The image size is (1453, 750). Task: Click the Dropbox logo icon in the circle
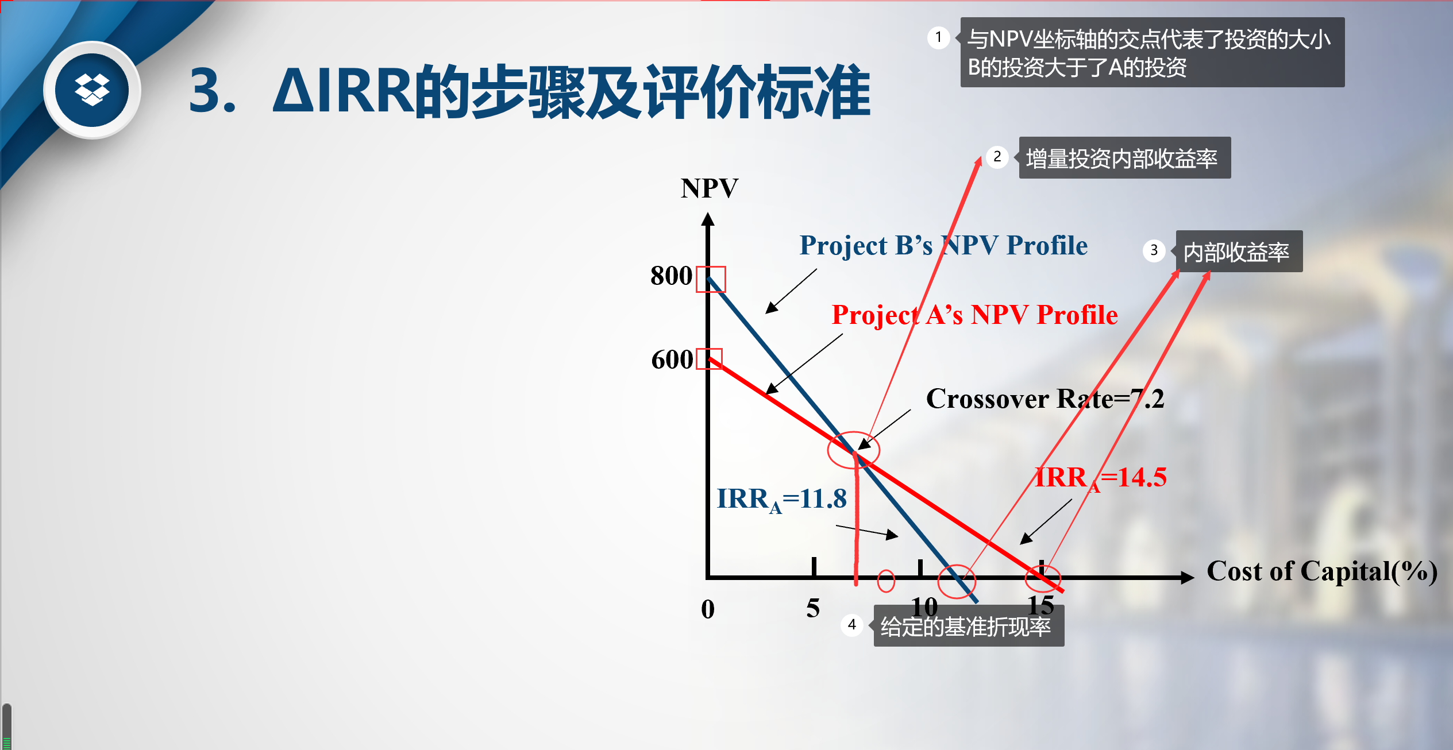tap(92, 90)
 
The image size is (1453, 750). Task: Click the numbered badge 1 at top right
tap(938, 38)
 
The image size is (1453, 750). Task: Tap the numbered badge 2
tap(997, 157)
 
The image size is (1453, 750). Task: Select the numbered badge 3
tap(1154, 250)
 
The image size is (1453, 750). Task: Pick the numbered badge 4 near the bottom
tap(852, 625)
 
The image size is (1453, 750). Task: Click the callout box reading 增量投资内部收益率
tap(1124, 158)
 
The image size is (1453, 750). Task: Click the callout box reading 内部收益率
tap(1239, 252)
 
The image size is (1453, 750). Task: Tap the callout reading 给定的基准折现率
tap(969, 626)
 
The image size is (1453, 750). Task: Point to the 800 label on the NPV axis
tap(671, 276)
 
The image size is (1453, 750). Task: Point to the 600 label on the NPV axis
tap(672, 359)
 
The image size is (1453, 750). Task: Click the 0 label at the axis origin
tap(708, 609)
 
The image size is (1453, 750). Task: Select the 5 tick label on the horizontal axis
tap(813, 608)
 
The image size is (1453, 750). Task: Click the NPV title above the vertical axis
tap(710, 188)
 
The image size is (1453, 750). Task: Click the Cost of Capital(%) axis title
tap(1322, 571)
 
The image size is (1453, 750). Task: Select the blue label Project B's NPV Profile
tap(943, 246)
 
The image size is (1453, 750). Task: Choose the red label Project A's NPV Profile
tap(974, 315)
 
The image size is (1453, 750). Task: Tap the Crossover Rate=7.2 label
tap(1045, 399)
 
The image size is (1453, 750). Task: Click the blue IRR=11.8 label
tap(781, 500)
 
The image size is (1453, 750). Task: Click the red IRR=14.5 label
tap(1100, 478)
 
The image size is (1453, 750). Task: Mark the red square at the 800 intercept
tap(711, 267)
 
